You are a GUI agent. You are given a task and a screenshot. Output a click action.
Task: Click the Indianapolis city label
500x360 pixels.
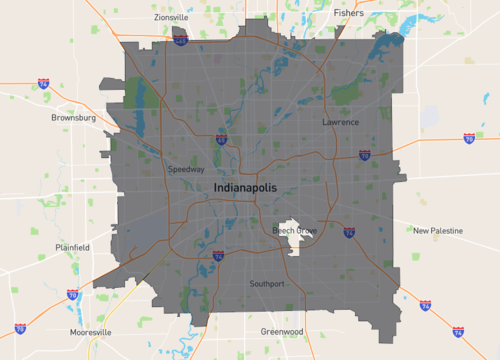tap(249, 188)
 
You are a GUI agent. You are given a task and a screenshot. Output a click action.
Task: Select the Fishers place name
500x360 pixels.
tap(349, 13)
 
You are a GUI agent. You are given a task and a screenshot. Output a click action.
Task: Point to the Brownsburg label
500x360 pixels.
tap(73, 117)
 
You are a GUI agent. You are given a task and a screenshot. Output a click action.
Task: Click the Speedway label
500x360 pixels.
tap(186, 169)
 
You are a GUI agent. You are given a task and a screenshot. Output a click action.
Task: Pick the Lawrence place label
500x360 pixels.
tap(340, 122)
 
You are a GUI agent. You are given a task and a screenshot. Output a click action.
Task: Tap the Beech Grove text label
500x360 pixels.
tap(295, 231)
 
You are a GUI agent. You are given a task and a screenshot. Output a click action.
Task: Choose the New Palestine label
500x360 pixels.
tap(438, 230)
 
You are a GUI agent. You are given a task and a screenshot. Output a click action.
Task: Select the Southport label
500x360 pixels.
tap(267, 284)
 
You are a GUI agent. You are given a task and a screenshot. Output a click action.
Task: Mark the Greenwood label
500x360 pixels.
tap(281, 331)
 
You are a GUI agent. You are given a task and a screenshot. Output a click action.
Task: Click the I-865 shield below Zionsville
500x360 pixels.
tap(180, 41)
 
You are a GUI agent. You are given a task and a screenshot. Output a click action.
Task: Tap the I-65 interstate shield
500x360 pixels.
tap(221, 140)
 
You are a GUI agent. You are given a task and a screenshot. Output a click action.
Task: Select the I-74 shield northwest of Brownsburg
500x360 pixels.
tap(43, 84)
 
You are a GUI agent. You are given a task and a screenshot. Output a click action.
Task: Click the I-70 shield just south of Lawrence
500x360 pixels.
tap(365, 155)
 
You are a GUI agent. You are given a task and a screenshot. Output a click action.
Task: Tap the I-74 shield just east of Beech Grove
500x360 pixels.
tap(349, 232)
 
